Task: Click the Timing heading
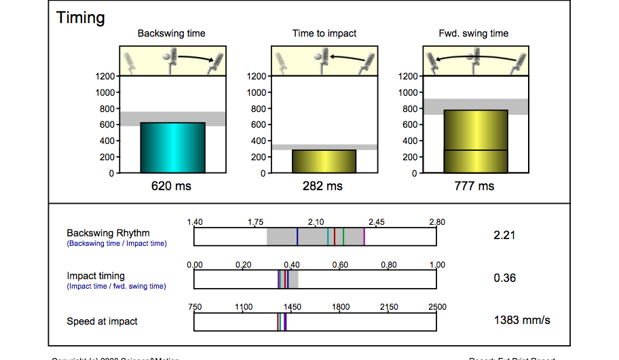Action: (81, 18)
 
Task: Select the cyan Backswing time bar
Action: (172, 147)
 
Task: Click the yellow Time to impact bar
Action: (324, 161)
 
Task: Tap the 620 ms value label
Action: (171, 186)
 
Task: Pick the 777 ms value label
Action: (474, 186)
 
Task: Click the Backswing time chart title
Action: (171, 33)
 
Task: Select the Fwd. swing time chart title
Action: (474, 33)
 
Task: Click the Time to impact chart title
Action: (324, 33)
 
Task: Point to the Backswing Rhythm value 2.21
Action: (504, 236)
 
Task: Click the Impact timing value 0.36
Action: (504, 278)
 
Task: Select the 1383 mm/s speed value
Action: (521, 320)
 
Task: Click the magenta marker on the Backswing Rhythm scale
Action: (364, 236)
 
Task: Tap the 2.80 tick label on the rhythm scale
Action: (436, 222)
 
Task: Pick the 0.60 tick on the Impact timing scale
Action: (340, 265)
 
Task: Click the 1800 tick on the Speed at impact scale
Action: (340, 307)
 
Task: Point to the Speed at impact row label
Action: (102, 321)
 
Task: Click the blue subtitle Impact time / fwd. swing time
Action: (116, 286)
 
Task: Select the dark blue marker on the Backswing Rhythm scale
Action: (297, 236)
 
